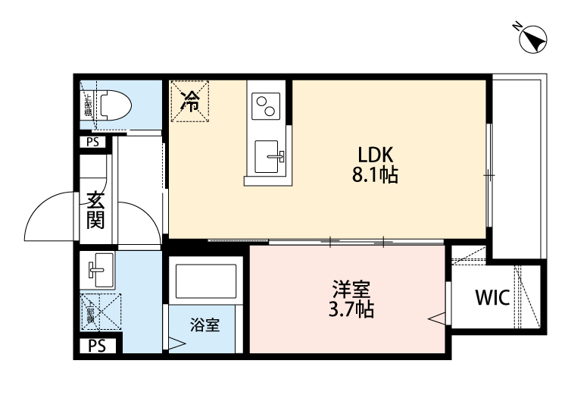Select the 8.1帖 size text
[x=374, y=177]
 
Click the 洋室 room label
[x=351, y=290]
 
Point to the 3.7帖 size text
[x=351, y=309]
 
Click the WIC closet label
[x=492, y=297]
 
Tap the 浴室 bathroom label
[x=204, y=325]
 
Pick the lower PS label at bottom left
[x=96, y=346]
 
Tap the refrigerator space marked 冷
[x=192, y=100]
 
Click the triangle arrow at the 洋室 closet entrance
[x=438, y=318]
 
